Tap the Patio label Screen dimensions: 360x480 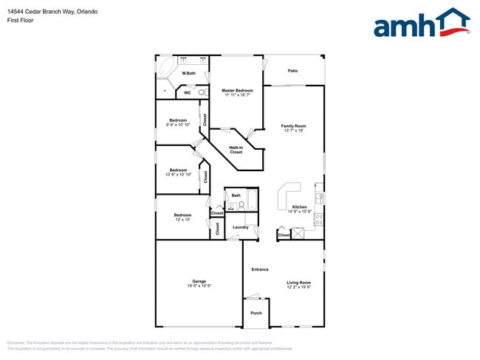292,71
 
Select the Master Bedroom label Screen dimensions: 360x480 238,90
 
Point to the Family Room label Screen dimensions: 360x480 293,126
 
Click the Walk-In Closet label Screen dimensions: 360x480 236,150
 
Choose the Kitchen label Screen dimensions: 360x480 299,207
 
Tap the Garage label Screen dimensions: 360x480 199,281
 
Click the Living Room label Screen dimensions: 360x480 299,283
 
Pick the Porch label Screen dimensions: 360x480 256,313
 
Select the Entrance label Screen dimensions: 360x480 259,269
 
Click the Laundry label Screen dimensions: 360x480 240,227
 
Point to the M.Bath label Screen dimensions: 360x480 189,73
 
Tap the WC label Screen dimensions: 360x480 188,93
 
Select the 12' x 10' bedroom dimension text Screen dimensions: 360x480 182,220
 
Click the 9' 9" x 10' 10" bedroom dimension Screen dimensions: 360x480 178,125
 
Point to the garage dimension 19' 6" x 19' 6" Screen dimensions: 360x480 199,286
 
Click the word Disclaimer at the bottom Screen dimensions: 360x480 16,344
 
